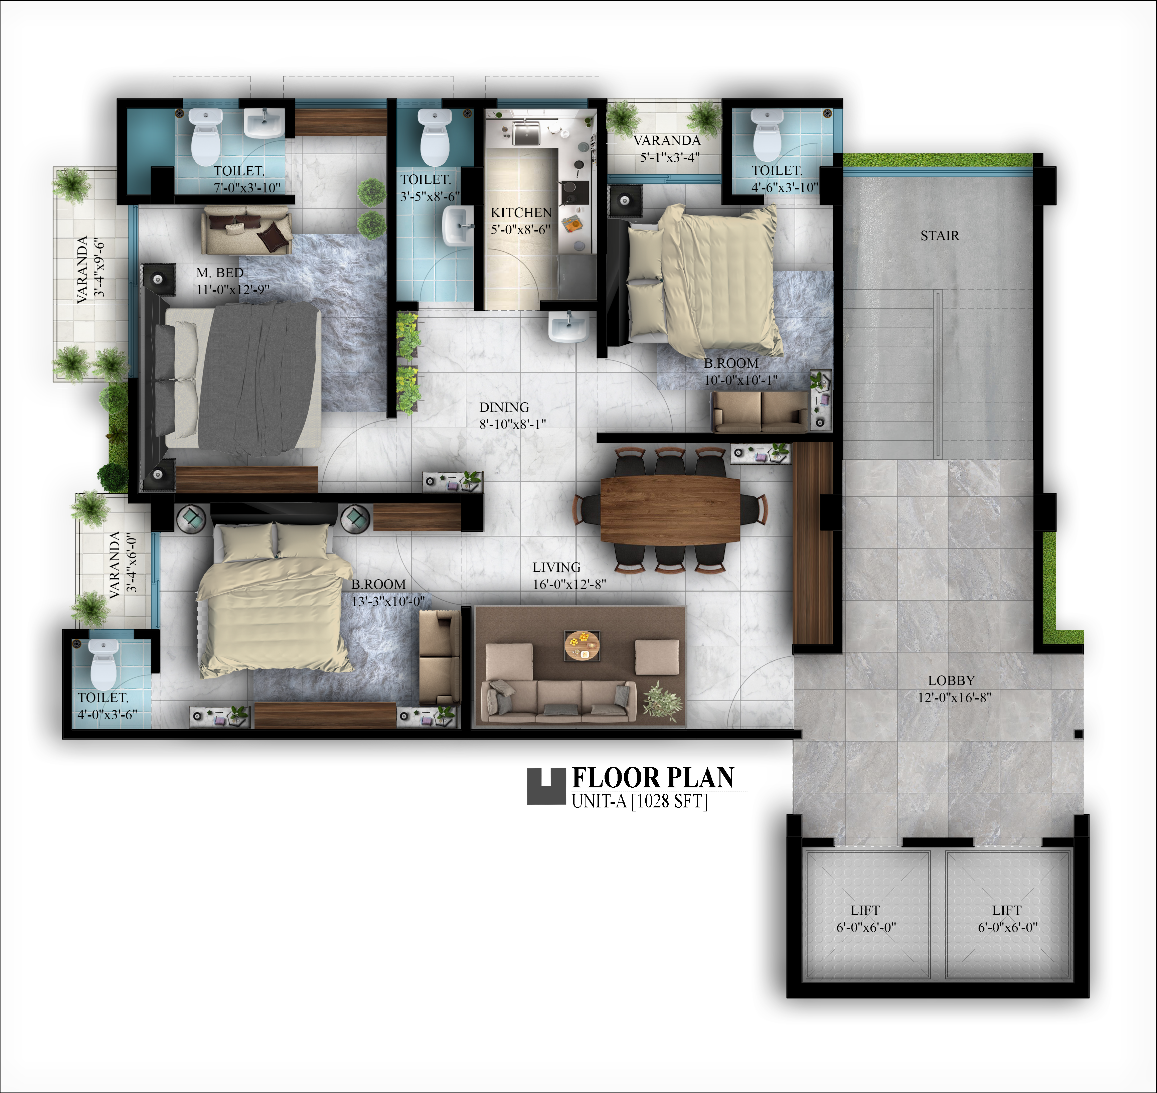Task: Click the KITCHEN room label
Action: pos(521,213)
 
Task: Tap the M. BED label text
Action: pos(220,273)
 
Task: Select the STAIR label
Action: pos(940,236)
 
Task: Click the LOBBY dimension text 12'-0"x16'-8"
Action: pos(954,697)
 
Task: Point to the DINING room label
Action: pos(504,407)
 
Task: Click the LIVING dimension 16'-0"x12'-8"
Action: pos(569,584)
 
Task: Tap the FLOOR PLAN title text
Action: pos(653,778)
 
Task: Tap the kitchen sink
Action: pos(526,132)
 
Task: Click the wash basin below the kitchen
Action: pos(568,327)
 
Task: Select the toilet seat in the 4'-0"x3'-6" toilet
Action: pos(104,665)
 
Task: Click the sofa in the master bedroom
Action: pos(246,229)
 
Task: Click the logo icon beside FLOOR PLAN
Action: pos(546,787)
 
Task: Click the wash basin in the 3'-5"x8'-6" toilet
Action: pos(459,226)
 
